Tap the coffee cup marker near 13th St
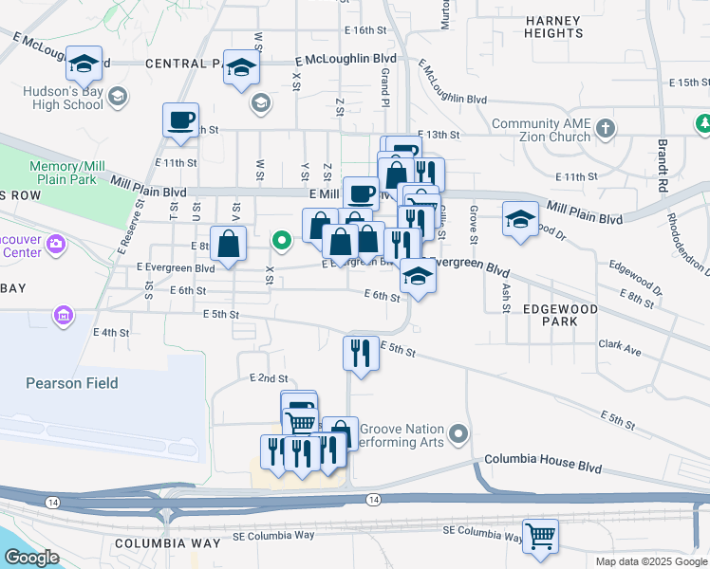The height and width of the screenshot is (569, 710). click(180, 120)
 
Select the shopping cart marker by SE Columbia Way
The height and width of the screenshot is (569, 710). click(540, 536)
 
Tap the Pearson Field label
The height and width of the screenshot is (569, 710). click(72, 383)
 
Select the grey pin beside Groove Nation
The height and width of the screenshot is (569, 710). click(459, 435)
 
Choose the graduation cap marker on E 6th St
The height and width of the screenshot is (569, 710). click(416, 276)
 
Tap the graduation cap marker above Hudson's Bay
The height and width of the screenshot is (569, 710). click(84, 64)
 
